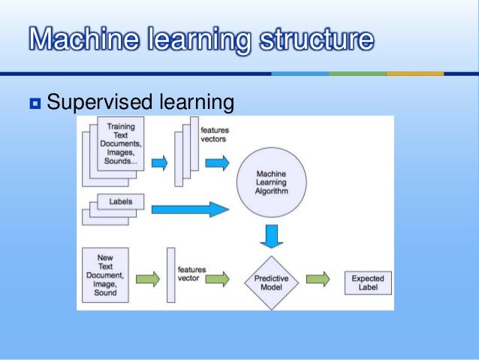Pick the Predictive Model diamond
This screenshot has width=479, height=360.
tap(272, 280)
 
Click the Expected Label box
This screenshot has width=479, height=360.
tap(367, 283)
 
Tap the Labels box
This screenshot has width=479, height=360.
tap(115, 202)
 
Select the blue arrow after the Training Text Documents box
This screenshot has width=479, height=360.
tap(158, 162)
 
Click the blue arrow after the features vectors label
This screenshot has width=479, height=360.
tap(218, 162)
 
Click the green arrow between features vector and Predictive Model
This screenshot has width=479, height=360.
tap(217, 280)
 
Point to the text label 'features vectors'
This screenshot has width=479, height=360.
tap(215, 135)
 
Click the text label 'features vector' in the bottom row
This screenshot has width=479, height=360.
tap(192, 273)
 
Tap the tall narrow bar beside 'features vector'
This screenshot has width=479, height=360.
tap(170, 275)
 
